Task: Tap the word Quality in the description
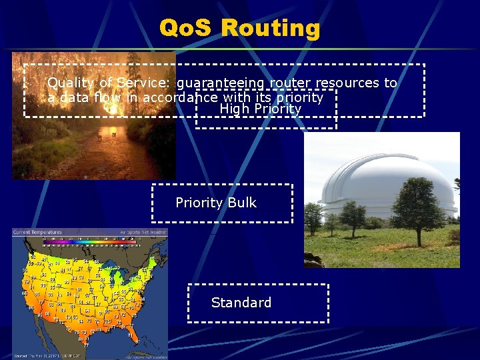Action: [x=70, y=83]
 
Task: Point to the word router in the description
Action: [x=290, y=83]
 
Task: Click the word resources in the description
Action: [x=347, y=83]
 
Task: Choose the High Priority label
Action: [x=260, y=109]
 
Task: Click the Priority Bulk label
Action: [x=215, y=203]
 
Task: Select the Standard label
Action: [x=241, y=303]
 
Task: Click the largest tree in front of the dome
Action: [x=418, y=207]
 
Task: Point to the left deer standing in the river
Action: [x=100, y=137]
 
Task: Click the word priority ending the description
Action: [x=299, y=97]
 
